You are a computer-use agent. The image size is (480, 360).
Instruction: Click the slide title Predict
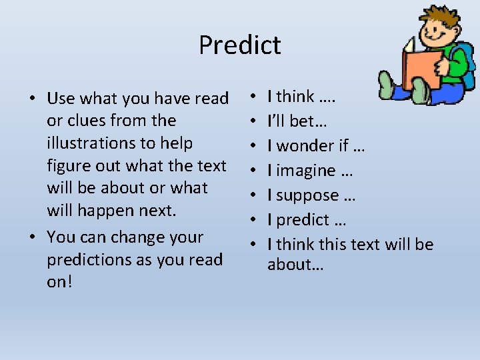[x=240, y=45]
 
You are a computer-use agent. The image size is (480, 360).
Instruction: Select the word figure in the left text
[x=69, y=166]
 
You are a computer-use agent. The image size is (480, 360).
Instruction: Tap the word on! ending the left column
[x=59, y=282]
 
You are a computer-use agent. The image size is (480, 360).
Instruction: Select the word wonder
[x=309, y=146]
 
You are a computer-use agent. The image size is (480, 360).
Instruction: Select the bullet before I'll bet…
[x=256, y=121]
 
